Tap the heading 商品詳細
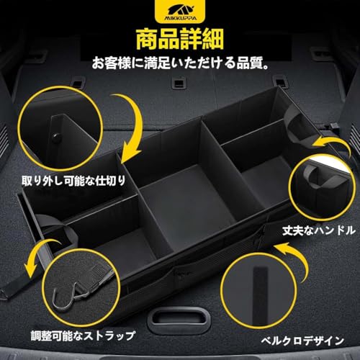pyautogui.click(x=179, y=37)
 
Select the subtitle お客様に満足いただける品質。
pyautogui.click(x=179, y=63)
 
